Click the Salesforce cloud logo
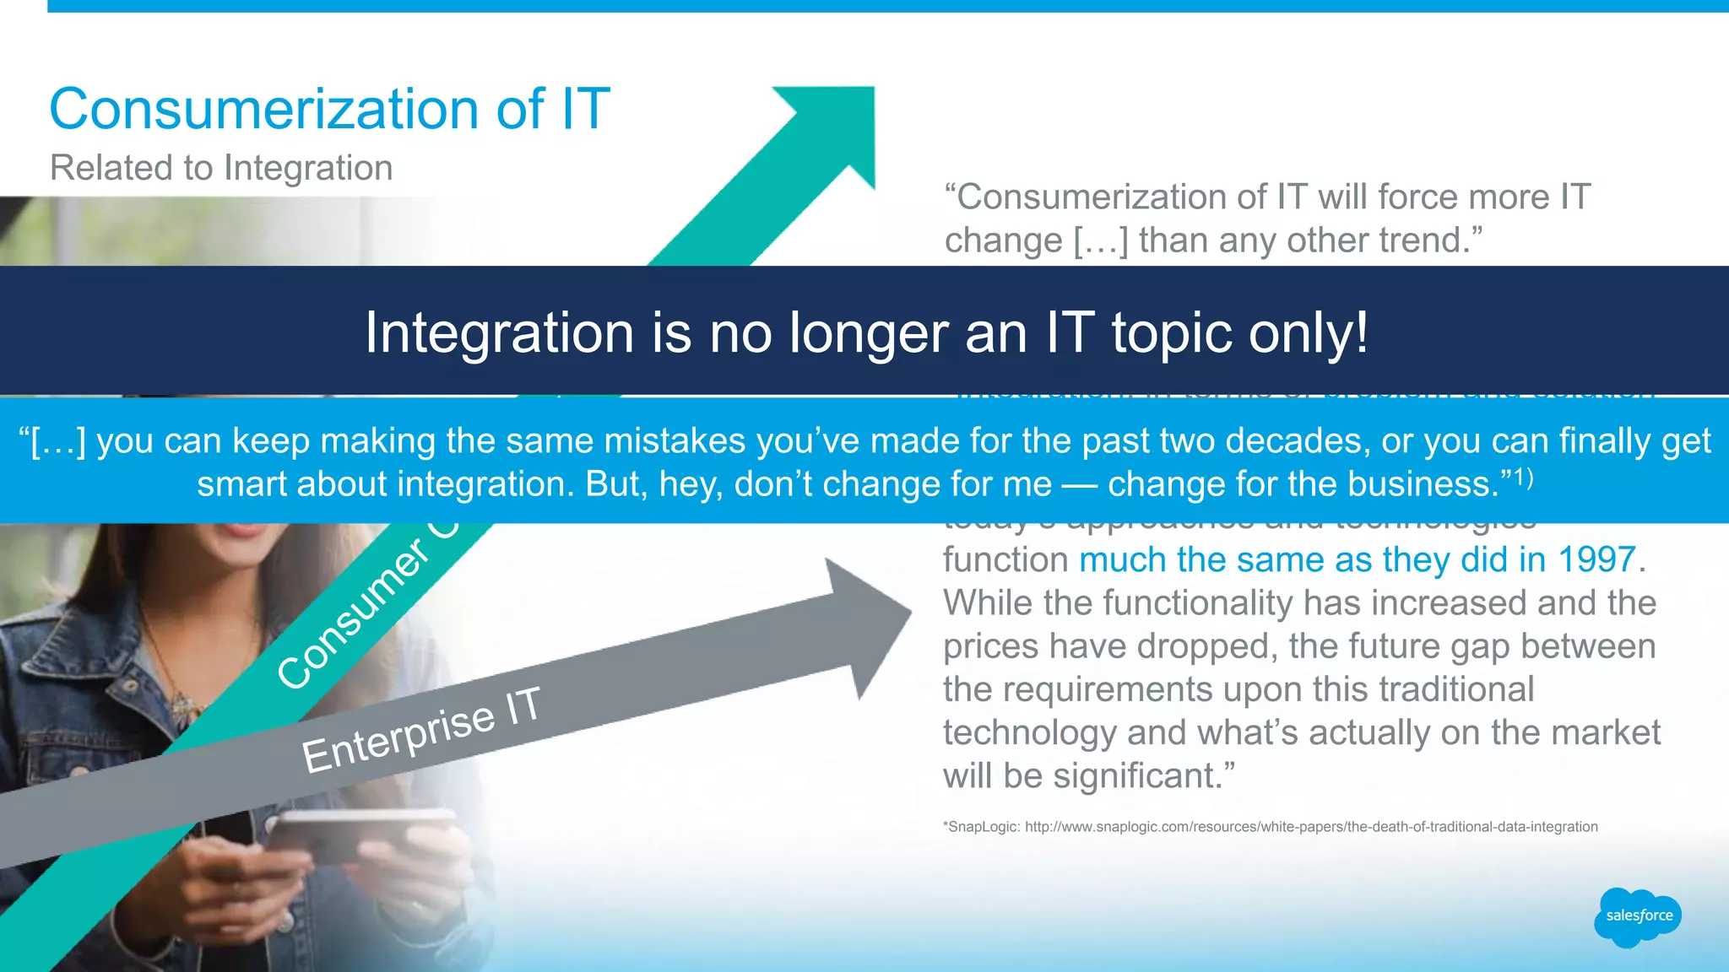click(x=1638, y=916)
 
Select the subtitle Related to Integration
click(x=221, y=168)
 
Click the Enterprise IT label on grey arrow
click(x=420, y=729)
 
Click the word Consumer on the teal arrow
click(x=355, y=614)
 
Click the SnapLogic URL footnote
click(x=1270, y=827)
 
